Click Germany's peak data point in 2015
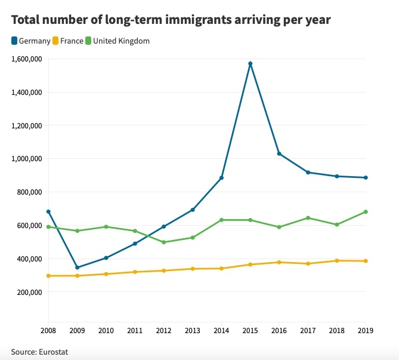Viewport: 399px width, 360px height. (250, 63)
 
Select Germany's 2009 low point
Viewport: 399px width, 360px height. (78, 267)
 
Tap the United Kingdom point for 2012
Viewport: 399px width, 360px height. (164, 242)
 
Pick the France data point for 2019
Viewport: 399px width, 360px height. (366, 261)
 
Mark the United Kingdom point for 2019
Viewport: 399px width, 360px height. (366, 212)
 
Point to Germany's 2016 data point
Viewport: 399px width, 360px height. (279, 153)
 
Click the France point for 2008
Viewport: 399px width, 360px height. (48, 276)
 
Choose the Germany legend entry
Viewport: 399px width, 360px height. (34, 41)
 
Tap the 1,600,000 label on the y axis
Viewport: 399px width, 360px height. (26, 59)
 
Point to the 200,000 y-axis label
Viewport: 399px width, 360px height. (28, 293)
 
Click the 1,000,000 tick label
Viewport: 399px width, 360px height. (26, 159)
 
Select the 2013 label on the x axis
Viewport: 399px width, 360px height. (193, 331)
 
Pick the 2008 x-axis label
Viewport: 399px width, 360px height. (48, 331)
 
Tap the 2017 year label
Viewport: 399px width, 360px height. (308, 331)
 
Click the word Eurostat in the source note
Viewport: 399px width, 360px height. (53, 352)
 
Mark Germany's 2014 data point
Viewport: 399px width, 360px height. (222, 178)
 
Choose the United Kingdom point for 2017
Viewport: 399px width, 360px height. (308, 218)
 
